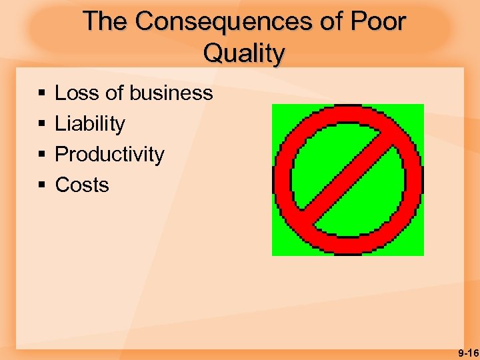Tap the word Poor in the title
(379, 22)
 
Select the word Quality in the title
(244, 53)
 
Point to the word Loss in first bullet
(77, 93)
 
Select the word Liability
(90, 124)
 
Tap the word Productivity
(109, 155)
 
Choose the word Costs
(82, 185)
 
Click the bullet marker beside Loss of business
(42, 94)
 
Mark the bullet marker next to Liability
(42, 125)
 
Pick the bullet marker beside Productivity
(42, 155)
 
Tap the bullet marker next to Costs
(42, 185)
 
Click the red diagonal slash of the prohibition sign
(348, 179)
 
